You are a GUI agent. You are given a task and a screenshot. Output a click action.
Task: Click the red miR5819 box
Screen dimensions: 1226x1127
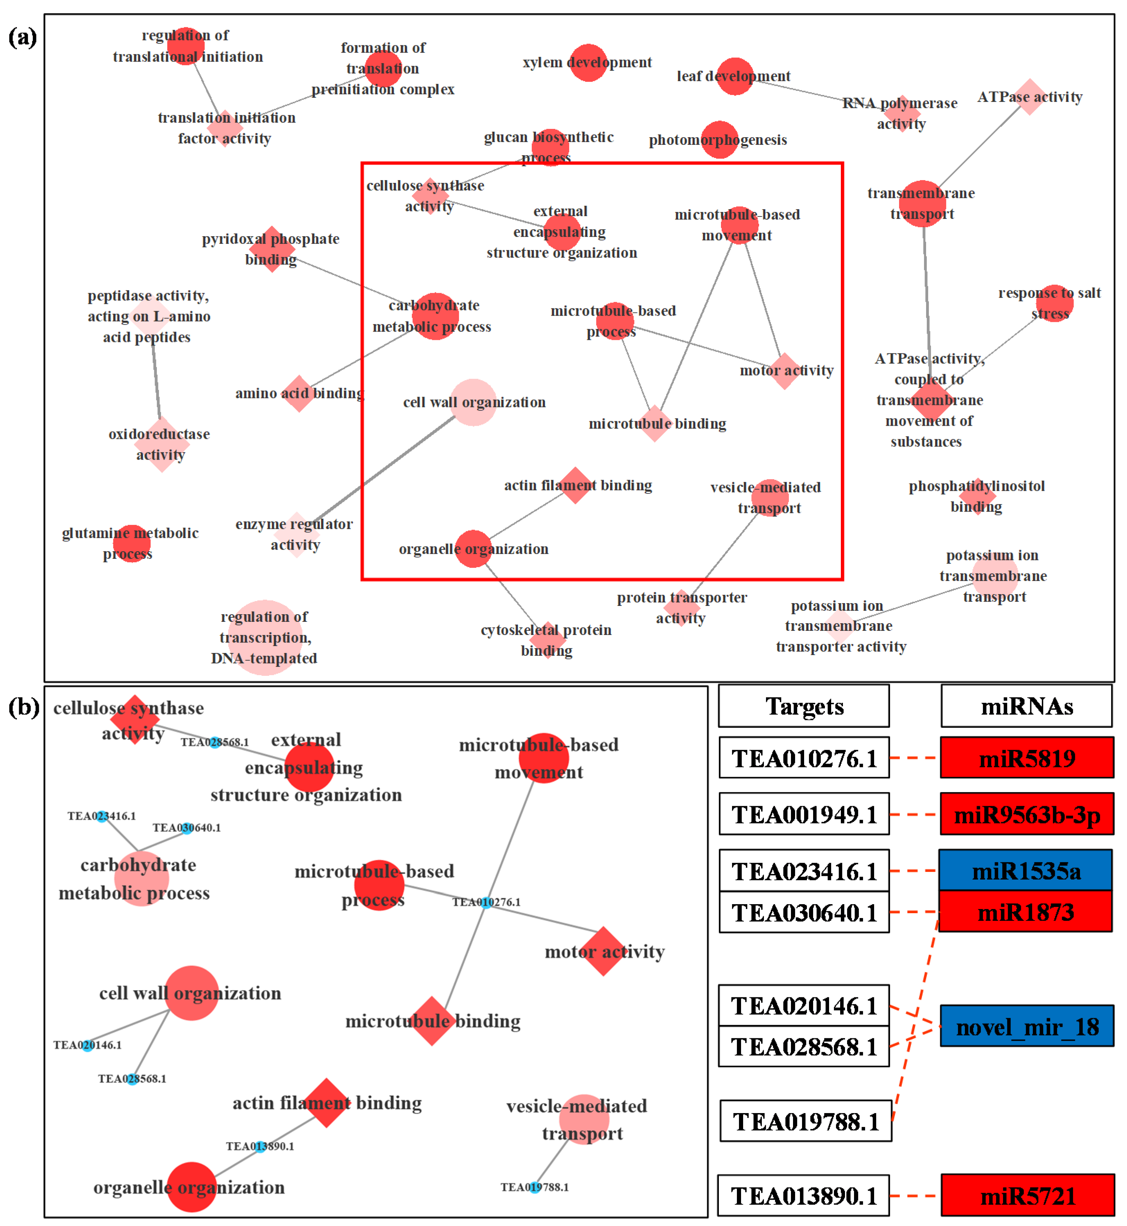1027,758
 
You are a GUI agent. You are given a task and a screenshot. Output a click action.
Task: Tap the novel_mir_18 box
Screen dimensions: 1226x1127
1027,1027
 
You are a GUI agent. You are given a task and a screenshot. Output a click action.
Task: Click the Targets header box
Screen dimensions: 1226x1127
804,706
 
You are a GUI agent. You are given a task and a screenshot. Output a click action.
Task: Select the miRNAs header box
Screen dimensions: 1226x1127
1027,706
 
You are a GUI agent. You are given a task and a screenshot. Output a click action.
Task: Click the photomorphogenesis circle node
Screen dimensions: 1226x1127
720,140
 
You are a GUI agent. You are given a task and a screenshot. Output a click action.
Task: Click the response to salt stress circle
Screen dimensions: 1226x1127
1055,303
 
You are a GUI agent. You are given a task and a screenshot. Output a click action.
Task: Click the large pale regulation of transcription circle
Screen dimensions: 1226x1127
265,638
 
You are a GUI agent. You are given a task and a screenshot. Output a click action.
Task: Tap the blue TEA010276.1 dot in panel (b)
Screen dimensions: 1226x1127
486,903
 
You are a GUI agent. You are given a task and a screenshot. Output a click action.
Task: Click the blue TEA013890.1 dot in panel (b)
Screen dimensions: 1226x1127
261,1147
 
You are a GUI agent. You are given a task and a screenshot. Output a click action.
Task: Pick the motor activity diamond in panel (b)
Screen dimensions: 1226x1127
604,952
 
